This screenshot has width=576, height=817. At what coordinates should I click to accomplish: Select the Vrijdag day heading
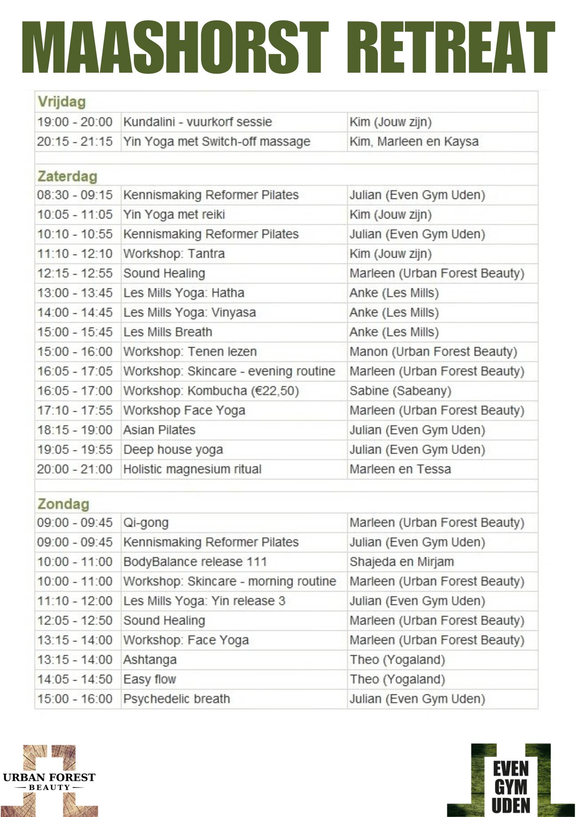pyautogui.click(x=62, y=102)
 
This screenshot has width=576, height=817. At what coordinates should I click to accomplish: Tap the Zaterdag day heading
pyautogui.click(x=67, y=176)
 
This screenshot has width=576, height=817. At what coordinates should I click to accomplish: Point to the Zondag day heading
pyautogui.click(x=63, y=504)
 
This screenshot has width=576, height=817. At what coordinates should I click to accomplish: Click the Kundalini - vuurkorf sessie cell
pyautogui.click(x=198, y=122)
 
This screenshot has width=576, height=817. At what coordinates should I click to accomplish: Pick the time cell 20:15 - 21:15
pyautogui.click(x=75, y=141)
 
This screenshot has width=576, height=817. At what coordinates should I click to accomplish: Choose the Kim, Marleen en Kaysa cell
pyautogui.click(x=414, y=141)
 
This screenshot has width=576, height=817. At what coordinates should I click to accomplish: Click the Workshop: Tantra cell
pyautogui.click(x=174, y=254)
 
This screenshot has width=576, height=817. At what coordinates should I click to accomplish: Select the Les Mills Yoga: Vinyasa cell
pyautogui.click(x=190, y=313)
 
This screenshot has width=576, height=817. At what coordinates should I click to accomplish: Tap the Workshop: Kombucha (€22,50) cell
pyautogui.click(x=211, y=391)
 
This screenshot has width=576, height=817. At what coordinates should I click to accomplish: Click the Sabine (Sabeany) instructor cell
pyautogui.click(x=400, y=391)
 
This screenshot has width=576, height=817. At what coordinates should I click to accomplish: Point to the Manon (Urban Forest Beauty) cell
pyautogui.click(x=433, y=352)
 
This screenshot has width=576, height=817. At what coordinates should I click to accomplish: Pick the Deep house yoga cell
pyautogui.click(x=173, y=450)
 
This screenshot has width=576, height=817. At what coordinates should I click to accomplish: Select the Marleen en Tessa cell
pyautogui.click(x=400, y=469)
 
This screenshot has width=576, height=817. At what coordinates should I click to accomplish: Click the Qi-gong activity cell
pyautogui.click(x=146, y=523)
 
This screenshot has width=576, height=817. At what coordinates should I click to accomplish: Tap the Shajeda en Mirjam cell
pyautogui.click(x=402, y=562)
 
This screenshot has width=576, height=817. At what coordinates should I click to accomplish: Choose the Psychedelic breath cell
pyautogui.click(x=176, y=699)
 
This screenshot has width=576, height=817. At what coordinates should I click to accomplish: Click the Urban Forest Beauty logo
pyautogui.click(x=49, y=781)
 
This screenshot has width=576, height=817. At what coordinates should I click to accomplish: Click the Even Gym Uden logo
pyautogui.click(x=511, y=781)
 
